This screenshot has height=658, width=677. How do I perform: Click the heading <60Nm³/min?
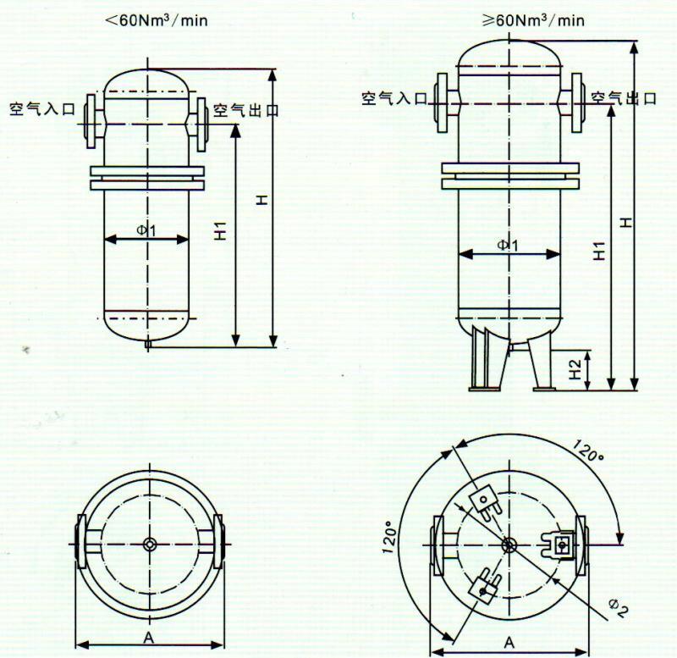pyautogui.click(x=157, y=19)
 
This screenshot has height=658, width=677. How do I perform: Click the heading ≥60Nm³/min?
pyautogui.click(x=533, y=19)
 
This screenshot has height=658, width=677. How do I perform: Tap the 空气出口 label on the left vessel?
pyautogui.click(x=245, y=111)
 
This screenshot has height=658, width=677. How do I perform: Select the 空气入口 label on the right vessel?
pyautogui.click(x=394, y=98)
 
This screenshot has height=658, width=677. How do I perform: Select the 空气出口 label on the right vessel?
pyautogui.click(x=624, y=98)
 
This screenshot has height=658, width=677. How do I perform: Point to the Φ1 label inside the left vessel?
pyautogui.click(x=146, y=230)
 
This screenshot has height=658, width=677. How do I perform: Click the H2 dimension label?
pyautogui.click(x=575, y=369)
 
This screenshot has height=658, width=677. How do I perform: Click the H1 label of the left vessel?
pyautogui.click(x=220, y=230)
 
